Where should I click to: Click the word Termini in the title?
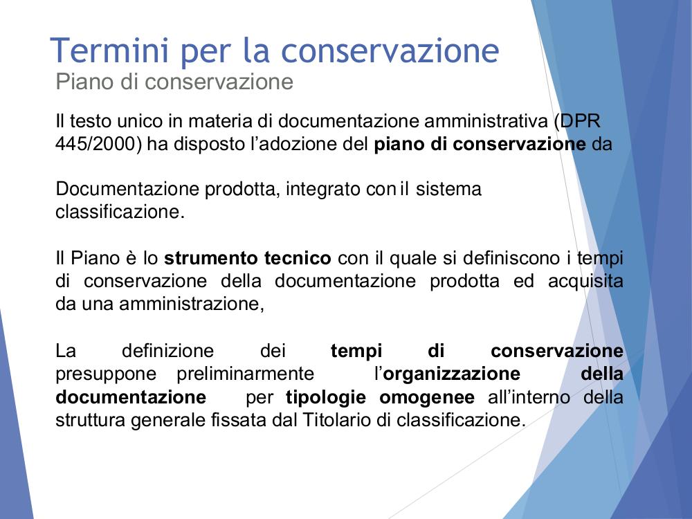(x=109, y=51)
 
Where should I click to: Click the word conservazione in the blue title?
(x=390, y=51)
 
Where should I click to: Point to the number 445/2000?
(x=99, y=144)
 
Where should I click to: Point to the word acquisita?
(x=585, y=281)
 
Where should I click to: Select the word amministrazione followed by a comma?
(x=192, y=304)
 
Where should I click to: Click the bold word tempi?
(x=356, y=352)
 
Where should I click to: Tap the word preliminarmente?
(x=246, y=374)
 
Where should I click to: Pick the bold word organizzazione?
(x=452, y=374)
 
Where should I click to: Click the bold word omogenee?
(x=427, y=397)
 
